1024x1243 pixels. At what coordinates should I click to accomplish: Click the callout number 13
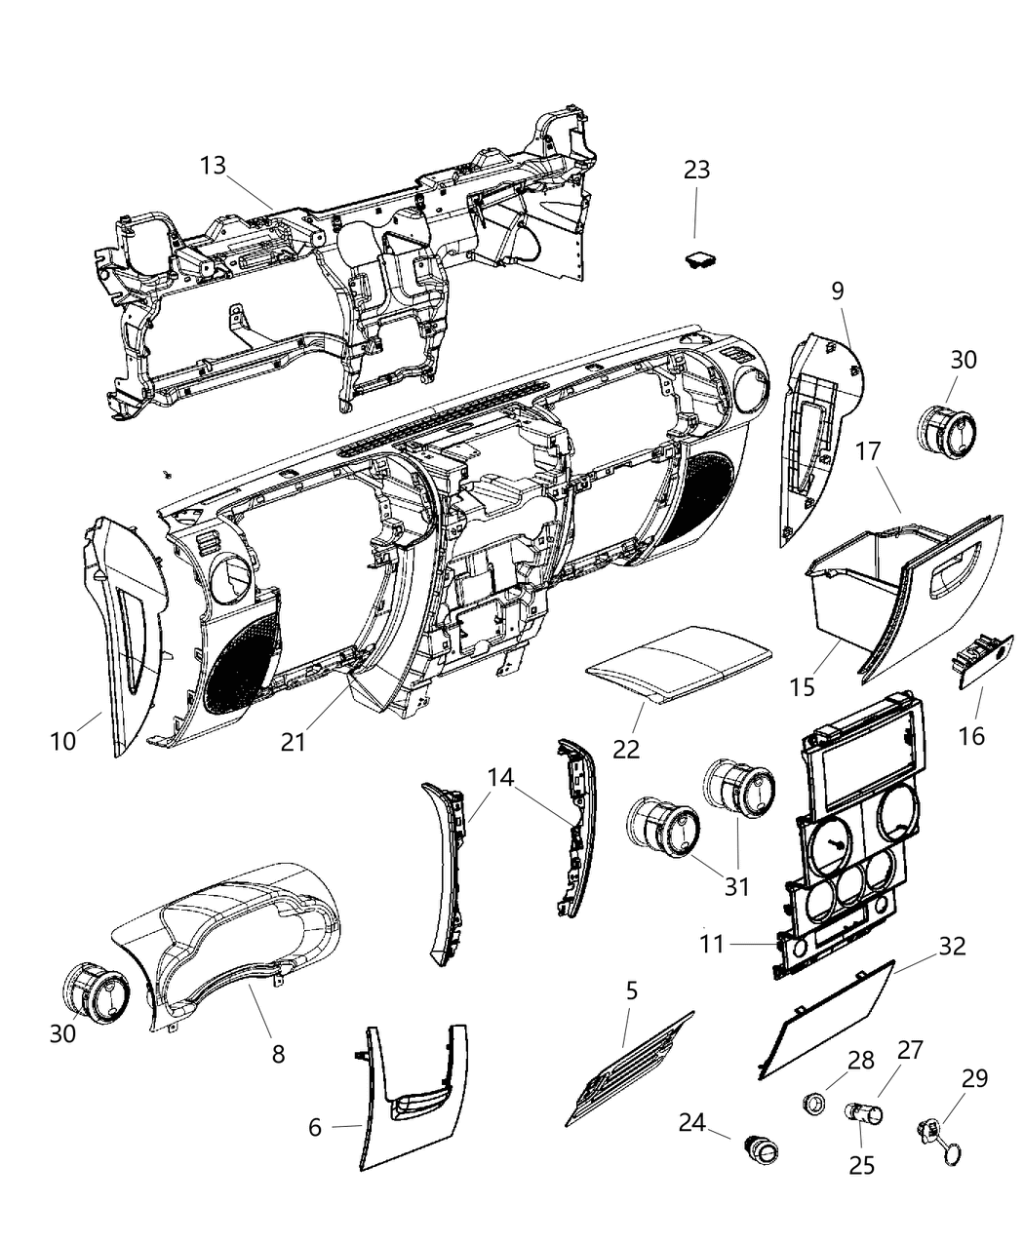click(x=213, y=165)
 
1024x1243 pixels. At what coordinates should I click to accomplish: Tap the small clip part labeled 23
click(x=697, y=261)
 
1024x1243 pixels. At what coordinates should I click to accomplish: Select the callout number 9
click(x=838, y=290)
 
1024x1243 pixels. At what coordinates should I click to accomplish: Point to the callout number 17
click(x=868, y=451)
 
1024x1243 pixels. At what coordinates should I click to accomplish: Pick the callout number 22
click(x=626, y=749)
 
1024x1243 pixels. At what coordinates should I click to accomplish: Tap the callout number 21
click(x=294, y=741)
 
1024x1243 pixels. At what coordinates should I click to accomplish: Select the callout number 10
click(x=63, y=741)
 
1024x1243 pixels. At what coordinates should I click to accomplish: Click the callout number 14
click(x=500, y=777)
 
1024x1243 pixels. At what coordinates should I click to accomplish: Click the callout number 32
click(x=952, y=945)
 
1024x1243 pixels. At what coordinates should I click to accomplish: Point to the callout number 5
click(x=632, y=991)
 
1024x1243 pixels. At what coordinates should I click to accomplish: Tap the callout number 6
click(x=314, y=1127)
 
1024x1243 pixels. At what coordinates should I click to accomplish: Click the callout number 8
click(x=278, y=1054)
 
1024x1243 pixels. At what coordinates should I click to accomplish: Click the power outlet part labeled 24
click(x=762, y=1151)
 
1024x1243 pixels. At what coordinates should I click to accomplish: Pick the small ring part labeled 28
click(x=811, y=1104)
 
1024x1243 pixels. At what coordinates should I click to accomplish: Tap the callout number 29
click(x=974, y=1077)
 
